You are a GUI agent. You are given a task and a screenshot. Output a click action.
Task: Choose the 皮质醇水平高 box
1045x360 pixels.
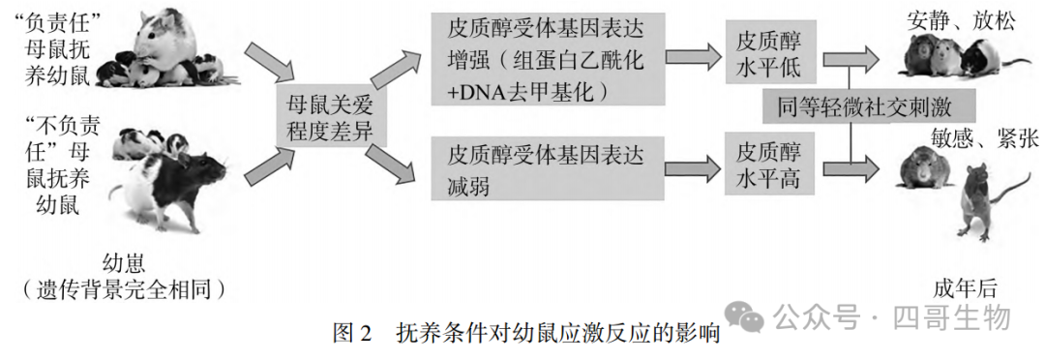pos(769,166)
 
